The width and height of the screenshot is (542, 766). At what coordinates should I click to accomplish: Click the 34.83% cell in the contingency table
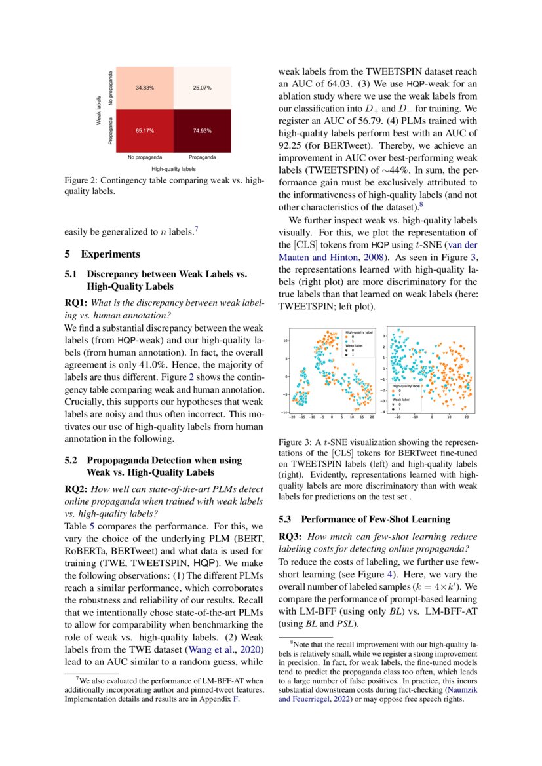click(145, 88)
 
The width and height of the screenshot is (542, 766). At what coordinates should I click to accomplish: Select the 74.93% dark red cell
click(200, 131)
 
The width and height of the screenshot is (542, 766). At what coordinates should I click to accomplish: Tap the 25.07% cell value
click(200, 88)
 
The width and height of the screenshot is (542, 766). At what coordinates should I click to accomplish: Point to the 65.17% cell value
click(145, 131)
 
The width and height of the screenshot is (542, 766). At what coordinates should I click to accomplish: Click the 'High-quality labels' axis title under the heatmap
click(172, 168)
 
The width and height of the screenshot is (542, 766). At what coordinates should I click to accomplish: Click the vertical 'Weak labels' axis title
click(98, 110)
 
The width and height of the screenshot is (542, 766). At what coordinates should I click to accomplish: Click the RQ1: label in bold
click(75, 304)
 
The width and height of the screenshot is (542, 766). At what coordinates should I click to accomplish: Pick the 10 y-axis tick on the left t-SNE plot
click(286, 341)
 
